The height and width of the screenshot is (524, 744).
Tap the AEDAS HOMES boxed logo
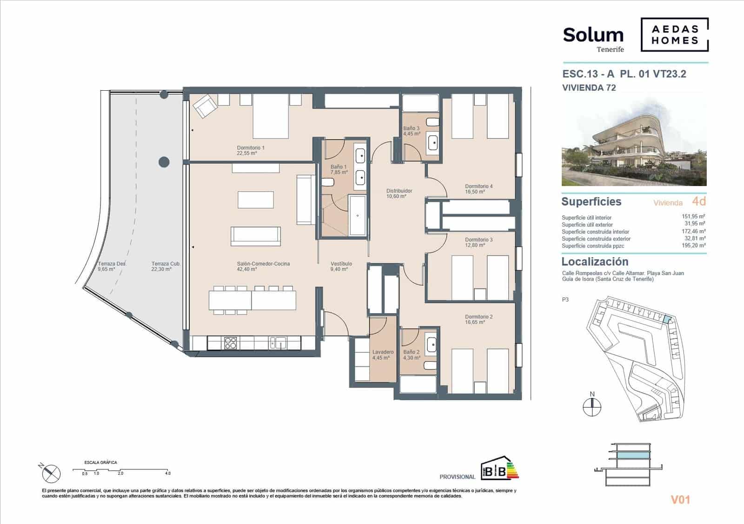(x=674, y=35)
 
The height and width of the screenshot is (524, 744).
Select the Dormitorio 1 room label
(x=251, y=150)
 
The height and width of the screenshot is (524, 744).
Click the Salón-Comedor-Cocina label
(x=263, y=266)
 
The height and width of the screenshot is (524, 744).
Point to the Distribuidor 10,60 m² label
(x=399, y=194)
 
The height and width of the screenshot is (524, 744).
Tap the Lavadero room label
(x=383, y=355)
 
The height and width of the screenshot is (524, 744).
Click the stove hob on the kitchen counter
(x=231, y=343)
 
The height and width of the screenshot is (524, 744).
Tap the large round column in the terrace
(x=164, y=162)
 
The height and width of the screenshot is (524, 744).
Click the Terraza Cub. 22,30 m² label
(x=166, y=266)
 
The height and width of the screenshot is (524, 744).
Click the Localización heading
(x=595, y=262)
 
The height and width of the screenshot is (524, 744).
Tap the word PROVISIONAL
(x=457, y=477)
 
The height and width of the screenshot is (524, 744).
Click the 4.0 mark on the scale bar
(x=167, y=473)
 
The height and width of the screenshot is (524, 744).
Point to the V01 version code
(x=680, y=500)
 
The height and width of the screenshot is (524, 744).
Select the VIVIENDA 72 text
(x=589, y=87)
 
